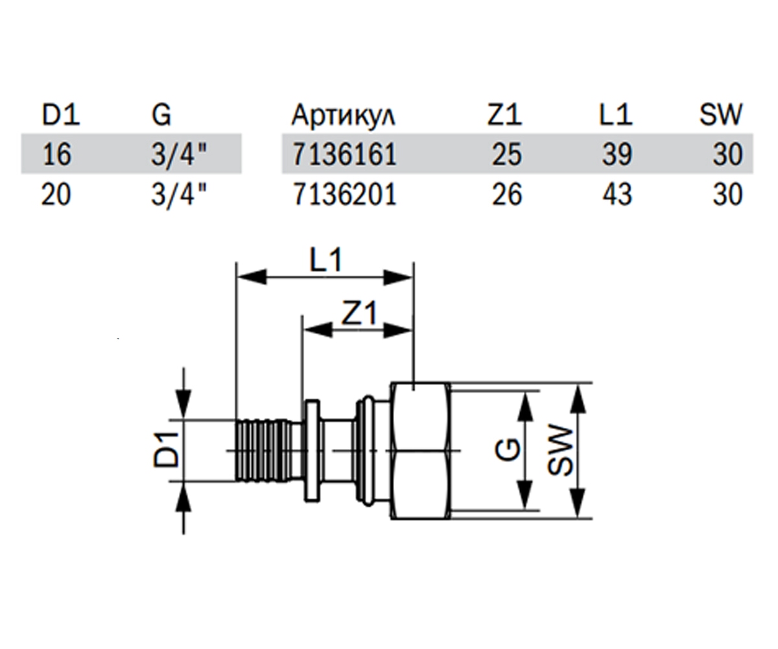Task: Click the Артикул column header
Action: (343, 114)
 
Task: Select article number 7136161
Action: (345, 154)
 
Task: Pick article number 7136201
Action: (345, 194)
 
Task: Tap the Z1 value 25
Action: (506, 154)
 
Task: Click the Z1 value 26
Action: (507, 194)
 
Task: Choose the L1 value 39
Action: (617, 154)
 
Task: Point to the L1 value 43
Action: (617, 194)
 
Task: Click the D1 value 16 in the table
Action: (56, 154)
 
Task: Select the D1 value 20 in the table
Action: (56, 194)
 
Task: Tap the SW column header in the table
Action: (720, 114)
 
